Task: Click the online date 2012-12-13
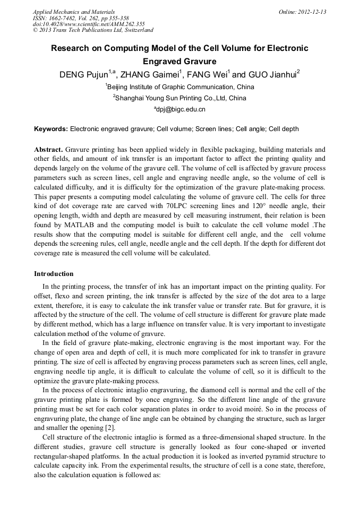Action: pyautogui.click(x=312, y=12)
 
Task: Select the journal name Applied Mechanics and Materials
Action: pyautogui.click(x=74, y=12)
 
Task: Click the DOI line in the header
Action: pyautogui.click(x=89, y=24)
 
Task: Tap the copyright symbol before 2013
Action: pyautogui.click(x=36, y=30)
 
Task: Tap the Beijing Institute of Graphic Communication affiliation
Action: pyautogui.click(x=179, y=87)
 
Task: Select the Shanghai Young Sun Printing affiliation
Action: pyautogui.click(x=179, y=98)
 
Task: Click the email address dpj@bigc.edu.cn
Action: pyautogui.click(x=181, y=110)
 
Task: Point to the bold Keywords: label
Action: pyautogui.click(x=51, y=129)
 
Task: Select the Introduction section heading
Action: pyautogui.click(x=54, y=274)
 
